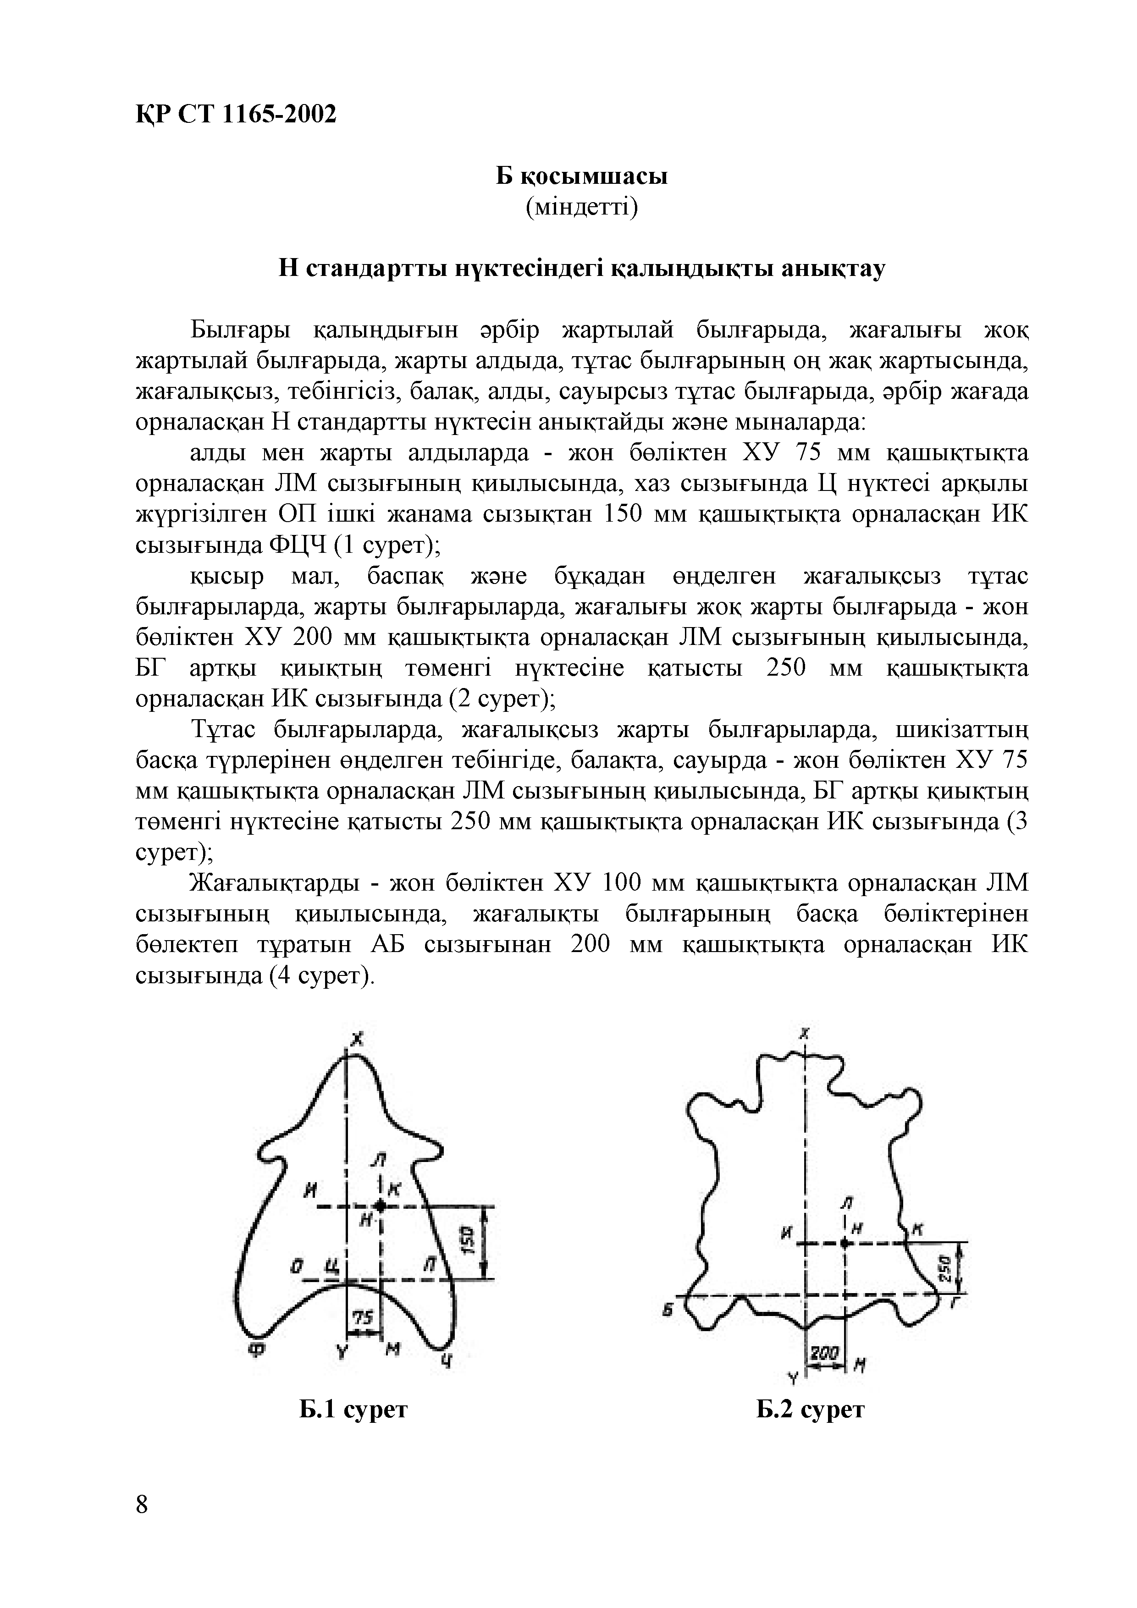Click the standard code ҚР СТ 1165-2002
235,114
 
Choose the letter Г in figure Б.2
955,1304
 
